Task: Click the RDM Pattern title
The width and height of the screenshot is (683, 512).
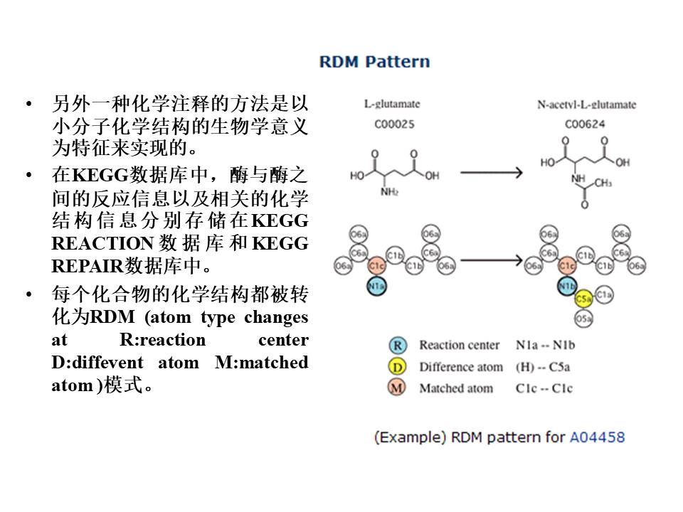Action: (x=374, y=62)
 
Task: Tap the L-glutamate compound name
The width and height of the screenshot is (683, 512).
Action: (x=392, y=105)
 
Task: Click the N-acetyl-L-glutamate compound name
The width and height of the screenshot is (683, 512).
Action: (x=586, y=105)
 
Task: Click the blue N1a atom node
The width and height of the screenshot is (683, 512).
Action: (x=376, y=287)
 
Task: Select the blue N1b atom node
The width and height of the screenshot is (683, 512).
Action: (x=567, y=287)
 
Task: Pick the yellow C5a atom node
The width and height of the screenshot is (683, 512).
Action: (x=584, y=299)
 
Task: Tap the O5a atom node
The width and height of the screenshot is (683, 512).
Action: (x=584, y=319)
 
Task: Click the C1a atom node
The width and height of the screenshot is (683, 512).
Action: (x=604, y=293)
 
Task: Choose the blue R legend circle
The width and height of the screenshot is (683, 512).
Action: (x=398, y=346)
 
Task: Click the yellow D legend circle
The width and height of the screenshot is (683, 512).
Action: (x=398, y=367)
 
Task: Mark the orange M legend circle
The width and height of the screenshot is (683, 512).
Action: (x=398, y=388)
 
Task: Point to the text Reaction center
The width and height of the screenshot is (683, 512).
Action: (x=459, y=346)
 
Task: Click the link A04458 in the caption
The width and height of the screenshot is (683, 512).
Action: (x=597, y=437)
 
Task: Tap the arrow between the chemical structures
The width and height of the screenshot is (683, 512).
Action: (x=491, y=173)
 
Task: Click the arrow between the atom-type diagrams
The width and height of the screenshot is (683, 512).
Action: (x=491, y=260)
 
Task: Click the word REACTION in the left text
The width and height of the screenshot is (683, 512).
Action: (x=102, y=244)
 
